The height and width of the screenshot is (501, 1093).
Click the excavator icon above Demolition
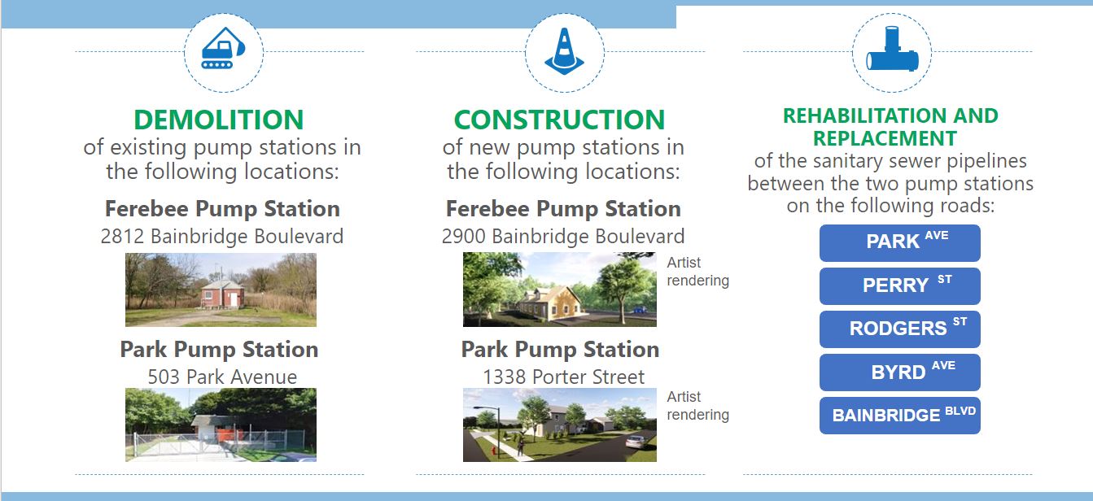[223, 48]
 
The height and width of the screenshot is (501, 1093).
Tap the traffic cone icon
[564, 51]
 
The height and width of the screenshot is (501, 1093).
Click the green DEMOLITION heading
[219, 120]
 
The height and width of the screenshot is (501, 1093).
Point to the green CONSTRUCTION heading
[559, 120]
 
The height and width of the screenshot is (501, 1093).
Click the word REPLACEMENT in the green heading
[885, 138]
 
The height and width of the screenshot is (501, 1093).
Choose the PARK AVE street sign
[900, 243]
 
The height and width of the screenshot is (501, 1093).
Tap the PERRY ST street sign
[900, 285]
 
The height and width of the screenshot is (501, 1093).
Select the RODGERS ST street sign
[900, 329]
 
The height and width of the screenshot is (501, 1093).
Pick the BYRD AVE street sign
[900, 372]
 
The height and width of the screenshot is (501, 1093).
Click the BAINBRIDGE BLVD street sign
[900, 416]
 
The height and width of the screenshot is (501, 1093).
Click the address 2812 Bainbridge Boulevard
[222, 236]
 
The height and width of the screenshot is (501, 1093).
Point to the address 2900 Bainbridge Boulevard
[563, 236]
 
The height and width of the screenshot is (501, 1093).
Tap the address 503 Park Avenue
[222, 377]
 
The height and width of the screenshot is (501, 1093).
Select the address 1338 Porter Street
[563, 377]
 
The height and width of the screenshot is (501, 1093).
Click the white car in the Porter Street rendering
[635, 442]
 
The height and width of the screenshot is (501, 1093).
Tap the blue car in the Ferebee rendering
[639, 309]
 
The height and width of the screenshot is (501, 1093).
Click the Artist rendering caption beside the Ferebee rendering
[697, 272]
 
